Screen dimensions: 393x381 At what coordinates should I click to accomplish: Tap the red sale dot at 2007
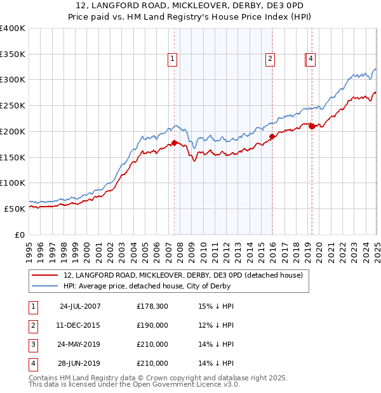tap(174, 143)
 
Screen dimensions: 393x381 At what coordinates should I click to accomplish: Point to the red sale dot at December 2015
tap(272, 136)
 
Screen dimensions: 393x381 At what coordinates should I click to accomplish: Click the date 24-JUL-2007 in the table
tap(80, 307)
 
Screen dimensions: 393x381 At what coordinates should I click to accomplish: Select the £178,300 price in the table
tap(152, 307)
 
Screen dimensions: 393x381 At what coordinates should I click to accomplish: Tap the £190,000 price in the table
tap(152, 325)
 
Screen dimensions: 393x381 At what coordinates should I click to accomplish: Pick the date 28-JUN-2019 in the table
tap(80, 363)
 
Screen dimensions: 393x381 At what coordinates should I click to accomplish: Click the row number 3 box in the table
tap(32, 344)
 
